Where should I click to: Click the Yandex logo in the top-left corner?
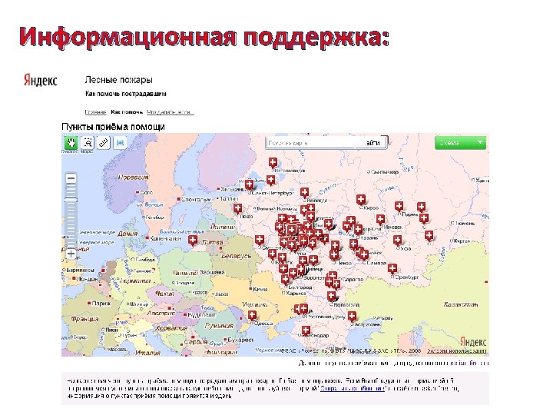click(40, 81)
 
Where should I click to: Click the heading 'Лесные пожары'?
click(118, 79)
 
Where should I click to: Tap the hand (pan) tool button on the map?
click(71, 142)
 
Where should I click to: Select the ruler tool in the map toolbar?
click(103, 142)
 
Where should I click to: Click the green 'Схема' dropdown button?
click(460, 142)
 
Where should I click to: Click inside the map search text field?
click(311, 143)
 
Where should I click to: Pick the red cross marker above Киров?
click(361, 200)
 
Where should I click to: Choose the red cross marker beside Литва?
click(192, 241)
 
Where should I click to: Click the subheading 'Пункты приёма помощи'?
click(113, 125)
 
